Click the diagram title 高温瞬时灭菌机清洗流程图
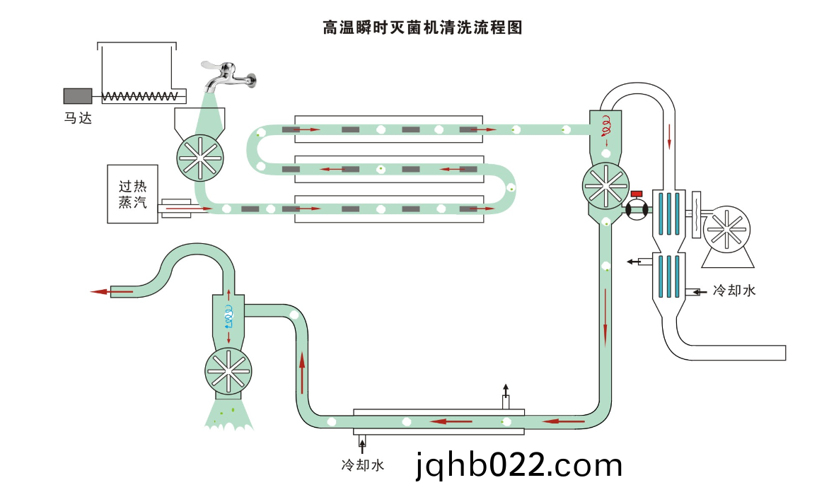(x=422, y=28)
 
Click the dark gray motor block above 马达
(x=77, y=95)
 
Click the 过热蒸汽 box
(x=132, y=194)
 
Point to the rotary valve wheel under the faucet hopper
(x=200, y=156)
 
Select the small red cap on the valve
(x=636, y=194)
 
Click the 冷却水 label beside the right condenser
(x=734, y=290)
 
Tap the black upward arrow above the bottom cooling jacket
(x=505, y=390)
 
